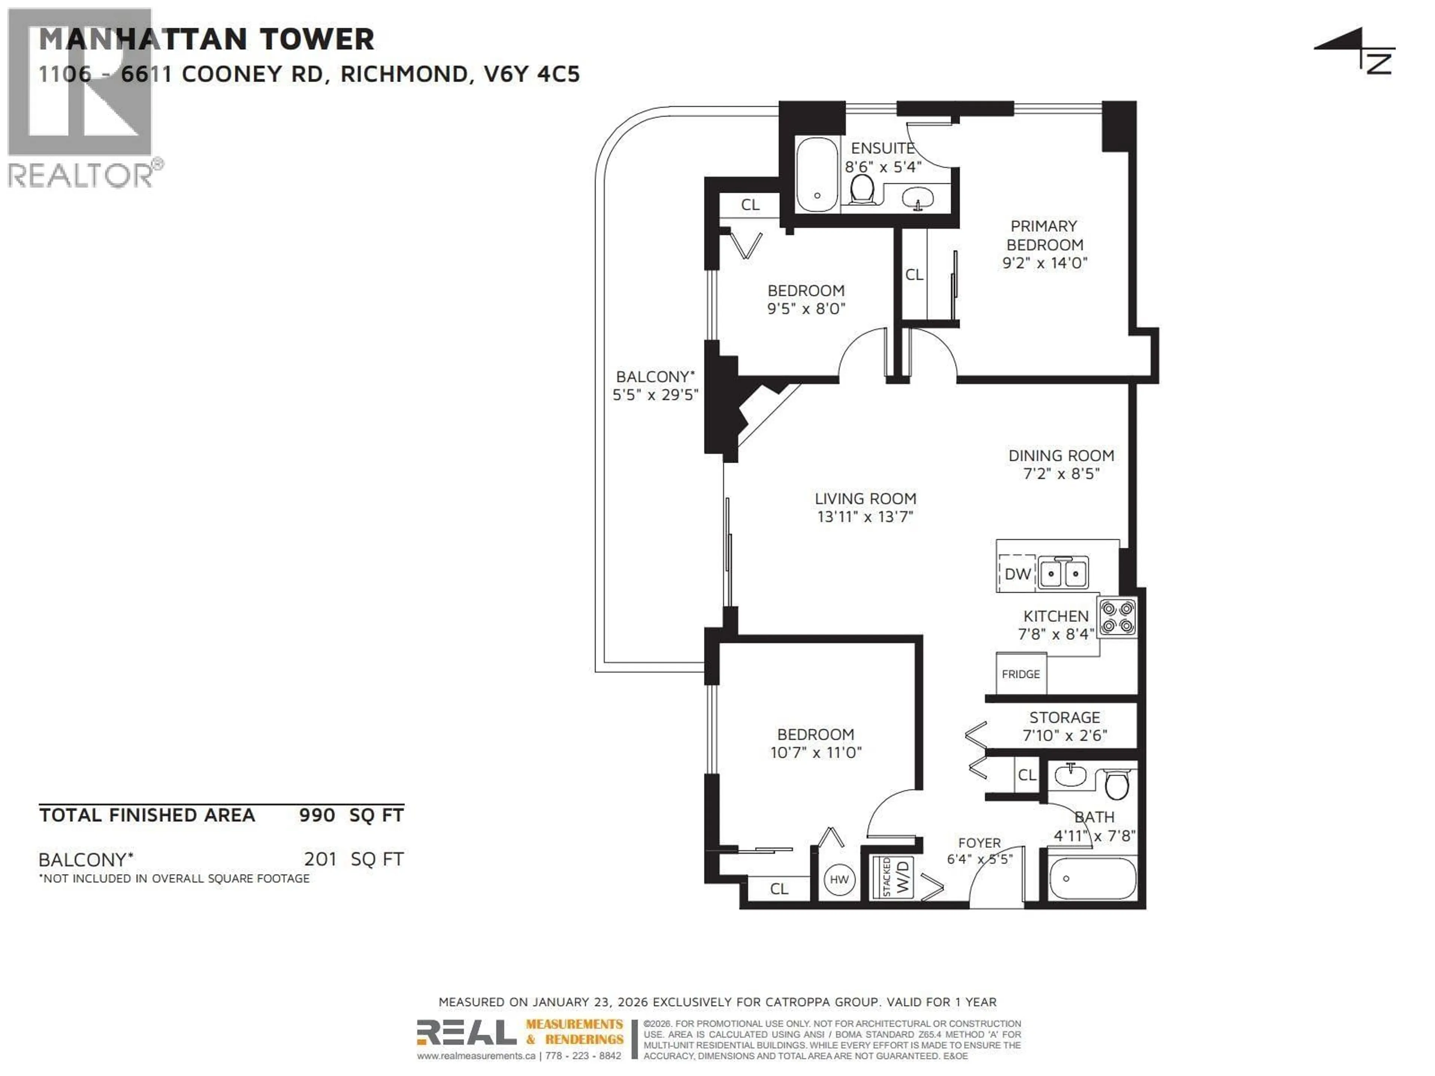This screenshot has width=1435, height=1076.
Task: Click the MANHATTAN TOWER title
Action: pos(206,40)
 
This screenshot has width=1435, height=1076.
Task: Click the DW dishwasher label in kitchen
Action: pos(1017,574)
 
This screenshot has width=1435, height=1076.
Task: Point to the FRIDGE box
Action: pos(1021,674)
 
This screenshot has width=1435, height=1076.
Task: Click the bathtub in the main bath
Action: pos(1092,879)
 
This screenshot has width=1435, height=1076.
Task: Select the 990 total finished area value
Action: pos(317,815)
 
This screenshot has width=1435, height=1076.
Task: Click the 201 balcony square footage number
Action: pos(320,859)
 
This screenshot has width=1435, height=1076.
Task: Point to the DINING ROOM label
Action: pos(1061,456)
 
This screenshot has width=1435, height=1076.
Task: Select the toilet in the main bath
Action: pos(1117,785)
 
